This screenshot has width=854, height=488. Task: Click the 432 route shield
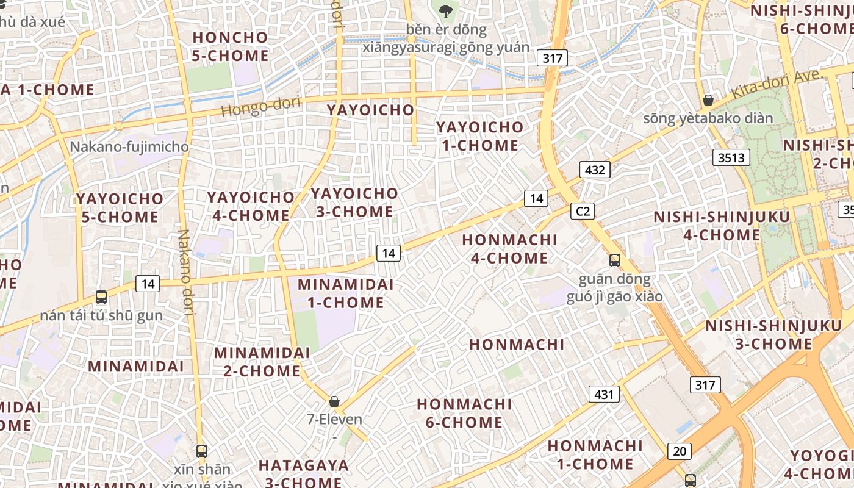(x=594, y=170)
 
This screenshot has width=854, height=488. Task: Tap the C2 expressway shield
(x=583, y=211)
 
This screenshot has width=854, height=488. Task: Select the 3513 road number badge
(x=731, y=158)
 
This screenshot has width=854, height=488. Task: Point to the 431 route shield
(x=604, y=394)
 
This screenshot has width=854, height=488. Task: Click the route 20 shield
(x=680, y=451)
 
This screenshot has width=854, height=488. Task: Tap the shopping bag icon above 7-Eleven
(x=334, y=401)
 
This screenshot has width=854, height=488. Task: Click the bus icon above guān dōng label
(x=614, y=260)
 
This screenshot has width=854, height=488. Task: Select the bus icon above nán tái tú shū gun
(x=101, y=297)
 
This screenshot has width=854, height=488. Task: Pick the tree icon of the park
(x=446, y=10)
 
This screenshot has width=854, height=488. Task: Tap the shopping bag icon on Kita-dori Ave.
(x=708, y=100)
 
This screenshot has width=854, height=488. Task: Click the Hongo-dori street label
(x=260, y=107)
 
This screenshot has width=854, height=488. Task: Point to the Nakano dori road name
(x=185, y=272)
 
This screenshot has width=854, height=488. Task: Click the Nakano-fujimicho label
(x=129, y=147)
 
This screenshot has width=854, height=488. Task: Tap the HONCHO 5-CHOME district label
(x=231, y=46)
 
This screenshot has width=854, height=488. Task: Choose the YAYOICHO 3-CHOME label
(x=354, y=203)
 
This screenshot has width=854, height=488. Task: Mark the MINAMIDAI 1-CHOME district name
(x=345, y=293)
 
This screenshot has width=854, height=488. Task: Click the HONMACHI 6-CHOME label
(x=464, y=413)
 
